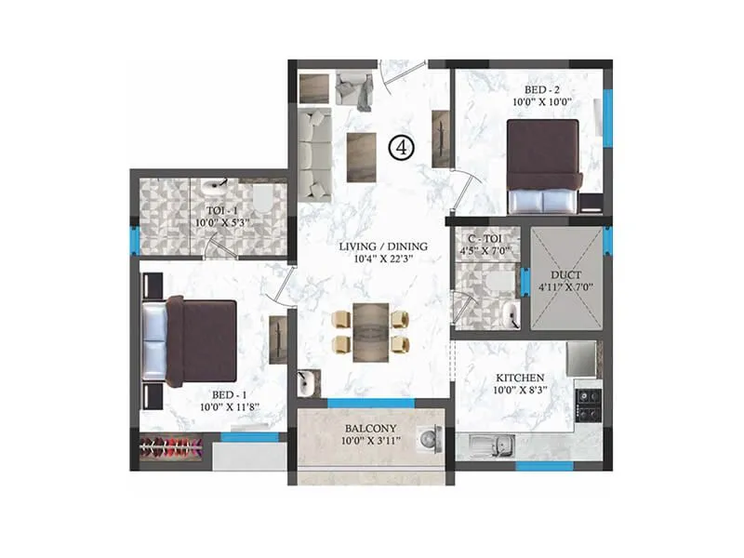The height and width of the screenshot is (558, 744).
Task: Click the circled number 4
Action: tap(401, 147)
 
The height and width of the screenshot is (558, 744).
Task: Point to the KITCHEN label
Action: tap(519, 377)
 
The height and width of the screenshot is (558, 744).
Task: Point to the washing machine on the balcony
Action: tap(429, 438)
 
